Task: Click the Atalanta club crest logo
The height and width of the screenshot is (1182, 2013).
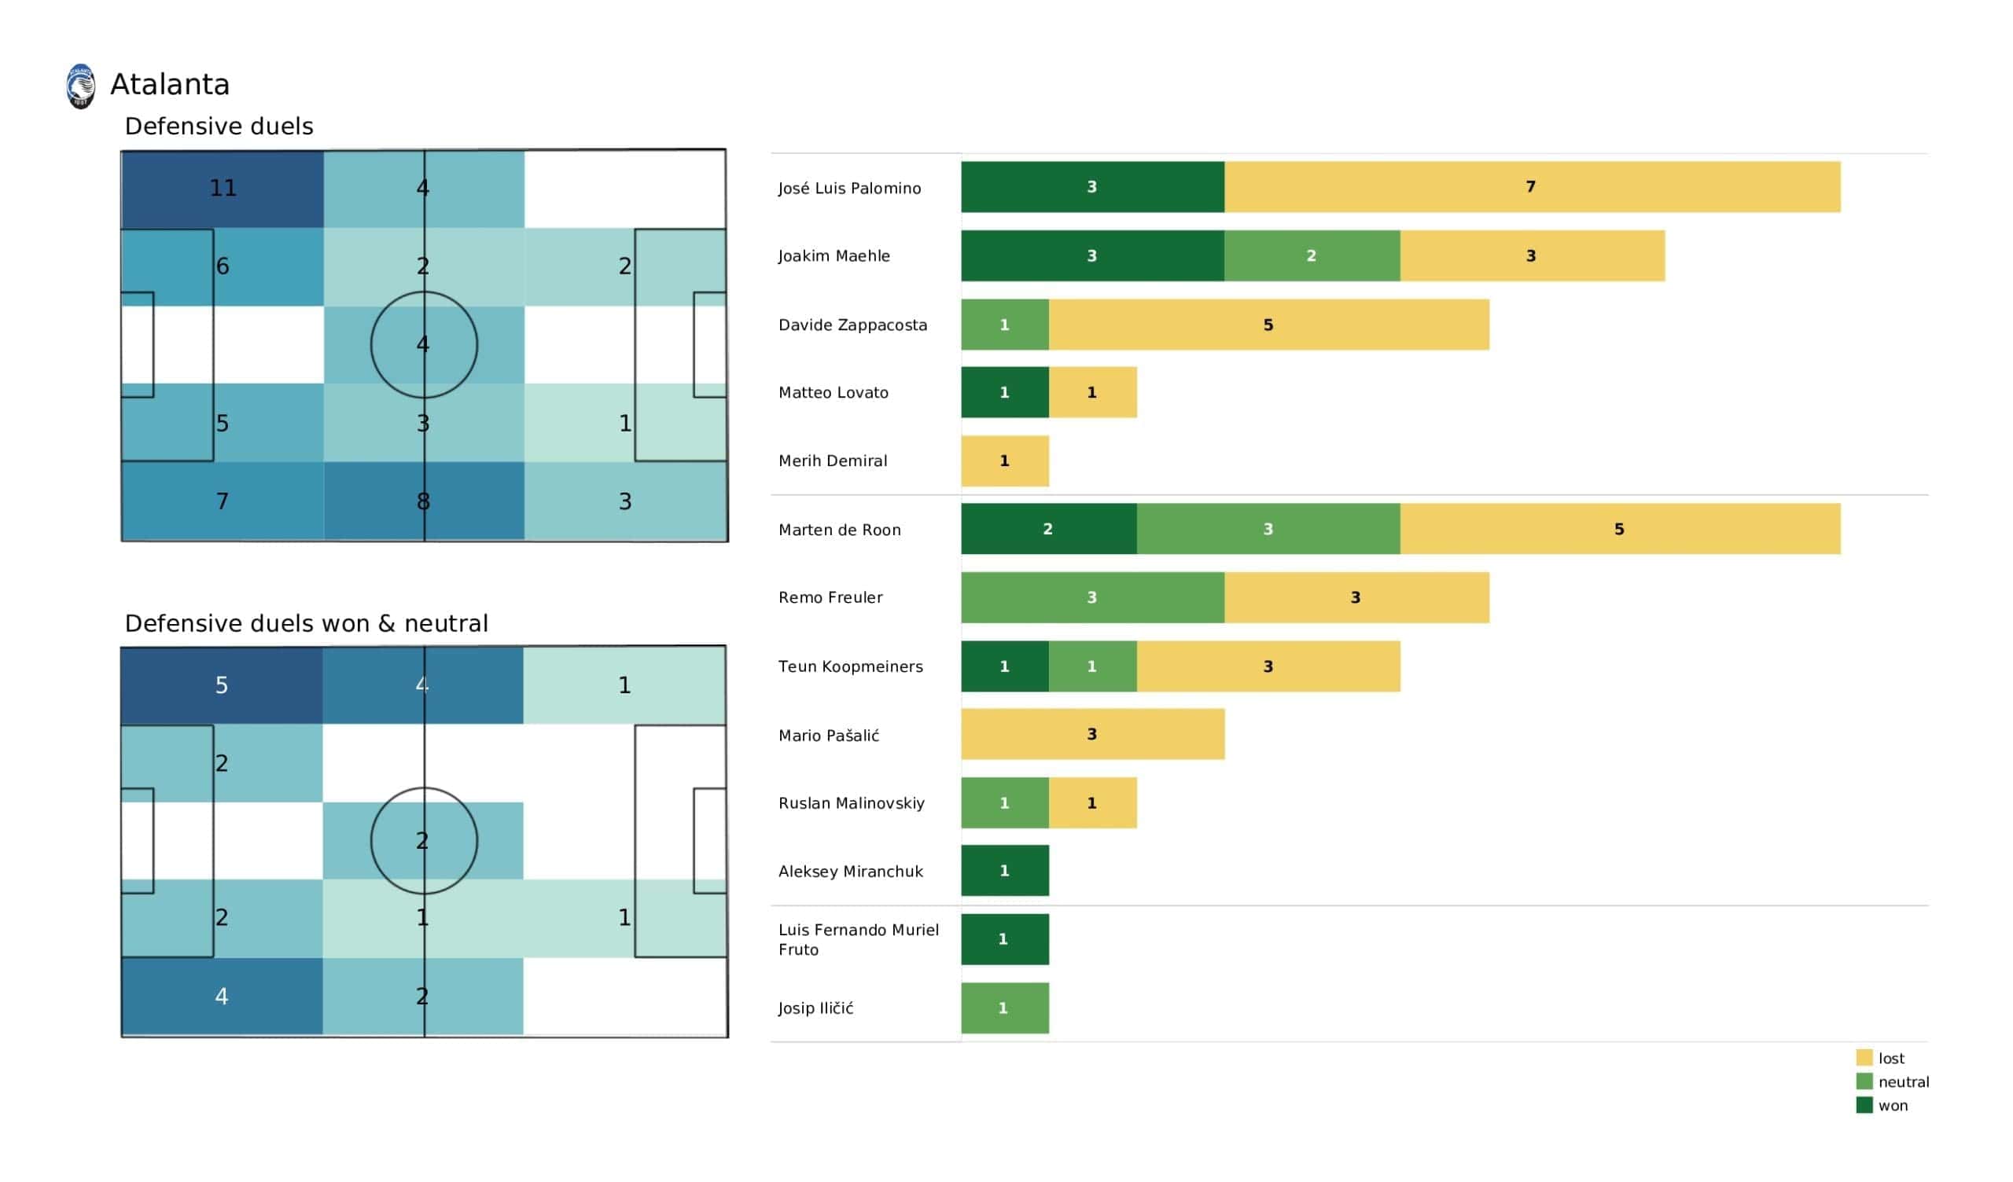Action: click(81, 86)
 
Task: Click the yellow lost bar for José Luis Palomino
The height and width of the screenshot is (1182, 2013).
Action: click(1531, 187)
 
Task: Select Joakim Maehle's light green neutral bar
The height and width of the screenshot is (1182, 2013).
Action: click(1312, 255)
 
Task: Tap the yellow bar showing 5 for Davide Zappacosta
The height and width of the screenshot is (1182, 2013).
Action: click(1268, 325)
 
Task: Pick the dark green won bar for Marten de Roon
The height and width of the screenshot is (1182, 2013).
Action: click(1048, 529)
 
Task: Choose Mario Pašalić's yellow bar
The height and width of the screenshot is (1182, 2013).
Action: click(1092, 734)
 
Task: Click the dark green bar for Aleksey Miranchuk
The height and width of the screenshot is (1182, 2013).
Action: click(1005, 871)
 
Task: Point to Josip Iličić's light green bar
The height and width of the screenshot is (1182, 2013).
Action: click(1005, 1008)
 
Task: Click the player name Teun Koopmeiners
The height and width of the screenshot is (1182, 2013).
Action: click(851, 666)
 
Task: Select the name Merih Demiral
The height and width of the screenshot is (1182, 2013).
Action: click(834, 461)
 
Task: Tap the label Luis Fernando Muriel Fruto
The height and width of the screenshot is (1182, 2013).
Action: click(859, 939)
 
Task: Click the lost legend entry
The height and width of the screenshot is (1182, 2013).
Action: click(1890, 1058)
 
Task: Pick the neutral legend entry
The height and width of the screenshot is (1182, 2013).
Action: click(1902, 1082)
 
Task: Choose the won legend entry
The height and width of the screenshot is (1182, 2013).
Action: click(1892, 1106)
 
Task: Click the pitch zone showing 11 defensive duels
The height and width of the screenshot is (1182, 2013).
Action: click(222, 189)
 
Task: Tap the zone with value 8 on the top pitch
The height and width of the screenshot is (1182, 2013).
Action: click(424, 501)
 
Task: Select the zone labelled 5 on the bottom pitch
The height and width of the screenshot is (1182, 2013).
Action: click(221, 685)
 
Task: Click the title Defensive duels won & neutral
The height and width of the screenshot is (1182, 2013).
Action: click(306, 623)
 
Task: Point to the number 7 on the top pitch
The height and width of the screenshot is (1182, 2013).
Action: click(222, 501)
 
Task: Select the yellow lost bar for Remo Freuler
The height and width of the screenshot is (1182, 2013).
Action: click(1356, 597)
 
